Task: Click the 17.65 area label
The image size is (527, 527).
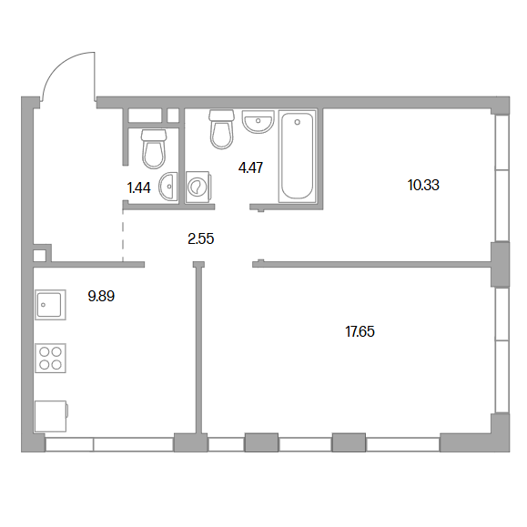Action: tap(360, 331)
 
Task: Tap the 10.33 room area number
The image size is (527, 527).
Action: tap(423, 185)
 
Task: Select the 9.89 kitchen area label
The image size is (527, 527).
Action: tap(101, 296)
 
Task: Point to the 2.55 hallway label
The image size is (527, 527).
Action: tap(200, 239)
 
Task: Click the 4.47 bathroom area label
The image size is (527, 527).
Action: tap(250, 167)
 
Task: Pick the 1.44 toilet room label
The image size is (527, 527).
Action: tap(139, 187)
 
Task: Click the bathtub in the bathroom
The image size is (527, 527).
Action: tap(297, 156)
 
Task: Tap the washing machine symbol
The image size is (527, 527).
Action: tap(198, 187)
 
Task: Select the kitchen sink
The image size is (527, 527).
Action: tap(50, 305)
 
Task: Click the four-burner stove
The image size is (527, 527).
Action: tap(50, 358)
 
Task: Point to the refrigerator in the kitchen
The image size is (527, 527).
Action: tap(51, 416)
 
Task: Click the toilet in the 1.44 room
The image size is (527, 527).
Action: tap(154, 148)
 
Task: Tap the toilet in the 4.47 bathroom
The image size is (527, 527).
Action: tap(221, 128)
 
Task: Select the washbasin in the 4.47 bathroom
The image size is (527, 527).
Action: tap(258, 122)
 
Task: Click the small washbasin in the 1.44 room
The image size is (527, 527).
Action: tap(168, 187)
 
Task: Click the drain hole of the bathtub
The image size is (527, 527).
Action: tap(297, 122)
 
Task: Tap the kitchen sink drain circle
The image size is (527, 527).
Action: tap(43, 305)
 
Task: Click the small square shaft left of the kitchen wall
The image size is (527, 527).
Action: tap(39, 256)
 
